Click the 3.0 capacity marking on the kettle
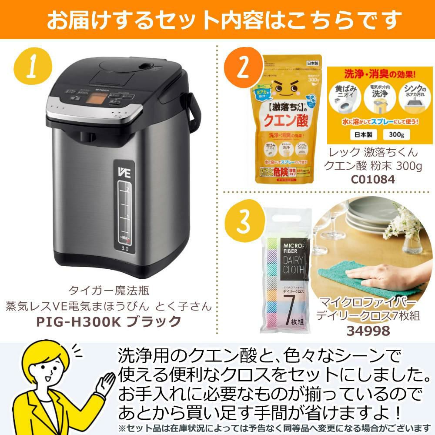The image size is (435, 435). [x=124, y=249]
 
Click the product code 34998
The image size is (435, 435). [x=368, y=331]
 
